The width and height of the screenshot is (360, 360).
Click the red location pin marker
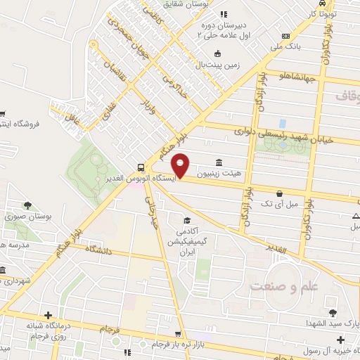click(x=181, y=165)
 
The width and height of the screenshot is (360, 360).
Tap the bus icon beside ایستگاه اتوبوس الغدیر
click(x=142, y=167)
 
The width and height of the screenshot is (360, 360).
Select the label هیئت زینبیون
click(x=219, y=172)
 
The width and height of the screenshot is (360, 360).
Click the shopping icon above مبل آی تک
click(x=280, y=193)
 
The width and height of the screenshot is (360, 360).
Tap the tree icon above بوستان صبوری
click(x=27, y=205)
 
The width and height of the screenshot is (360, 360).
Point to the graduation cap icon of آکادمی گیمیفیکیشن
click(x=186, y=219)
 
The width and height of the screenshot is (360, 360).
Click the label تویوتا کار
click(x=324, y=13)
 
